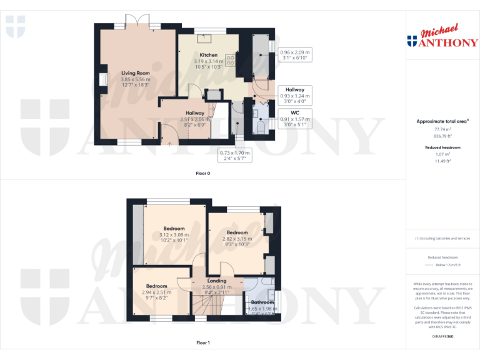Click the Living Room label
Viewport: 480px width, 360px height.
click(x=136, y=73)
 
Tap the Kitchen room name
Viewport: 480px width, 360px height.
click(x=208, y=55)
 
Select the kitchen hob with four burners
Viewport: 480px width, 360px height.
click(x=230, y=61)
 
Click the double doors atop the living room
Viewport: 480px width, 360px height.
click(x=137, y=24)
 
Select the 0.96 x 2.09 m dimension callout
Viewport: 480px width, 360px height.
click(x=295, y=55)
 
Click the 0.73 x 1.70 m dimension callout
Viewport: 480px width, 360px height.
click(x=234, y=156)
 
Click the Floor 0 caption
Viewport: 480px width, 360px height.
click(x=203, y=173)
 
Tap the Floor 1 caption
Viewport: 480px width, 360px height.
click(x=203, y=343)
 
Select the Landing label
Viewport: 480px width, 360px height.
click(x=216, y=281)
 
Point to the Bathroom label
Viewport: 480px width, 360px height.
click(x=259, y=302)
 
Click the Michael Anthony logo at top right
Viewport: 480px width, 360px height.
click(x=442, y=37)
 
